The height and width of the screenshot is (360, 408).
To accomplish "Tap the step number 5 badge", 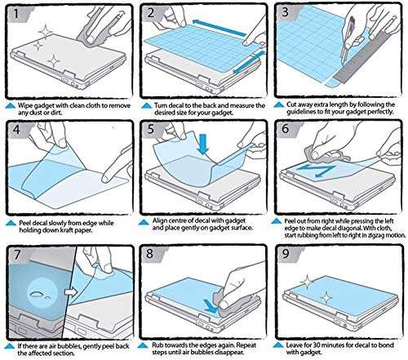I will (x=152, y=131).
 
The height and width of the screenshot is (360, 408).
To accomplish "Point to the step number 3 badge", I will (x=287, y=14).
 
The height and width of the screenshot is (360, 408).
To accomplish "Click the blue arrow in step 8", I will (x=214, y=309).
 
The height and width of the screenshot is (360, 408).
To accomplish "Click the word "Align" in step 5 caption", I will (x=161, y=221).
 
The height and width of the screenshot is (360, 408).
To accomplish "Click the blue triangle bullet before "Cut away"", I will (x=280, y=105).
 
